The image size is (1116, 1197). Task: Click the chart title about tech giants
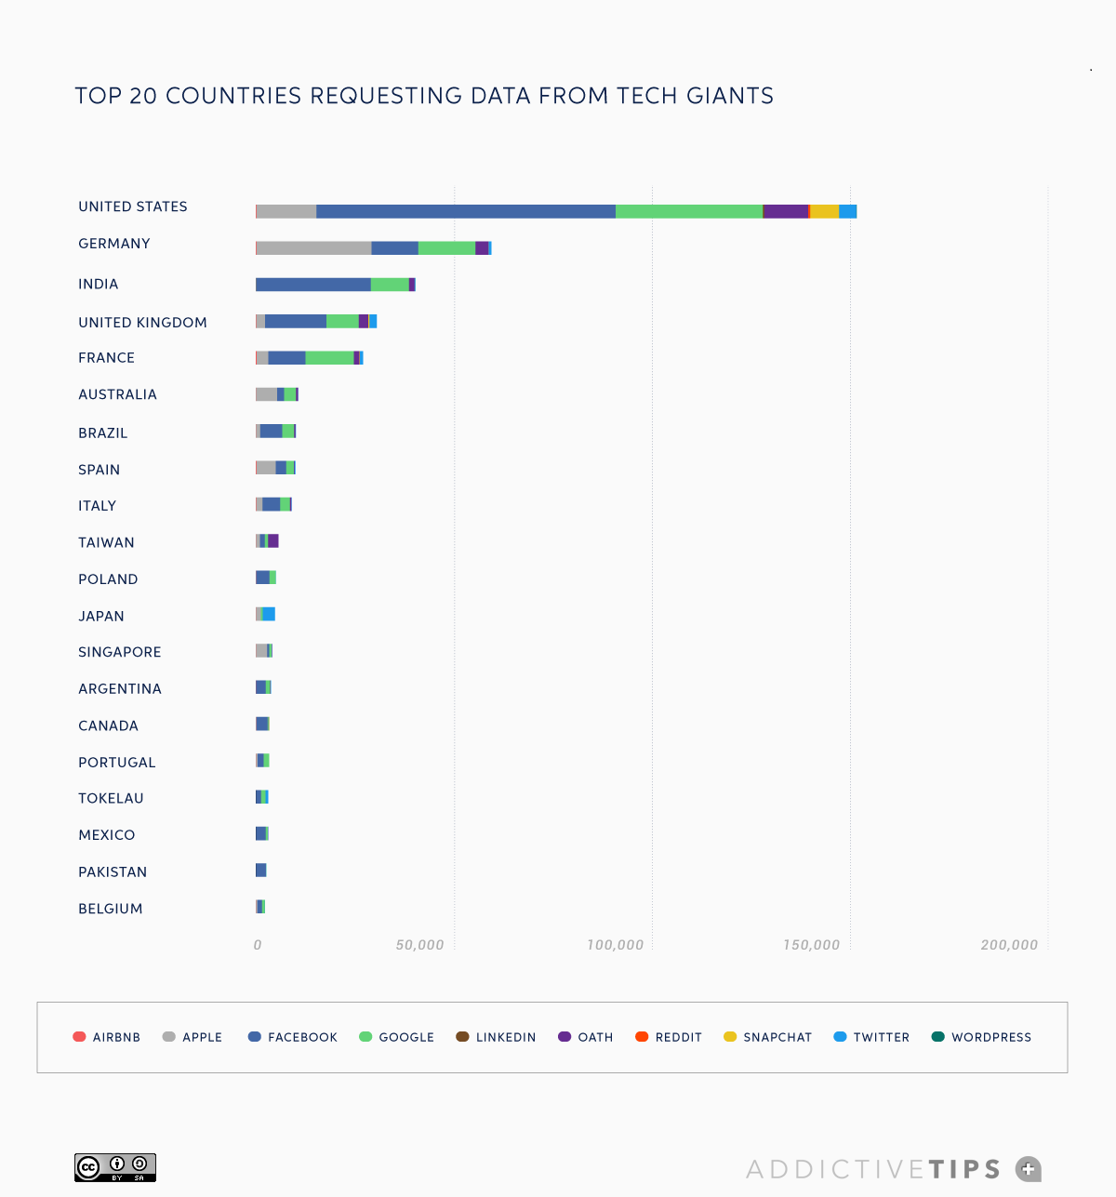(424, 96)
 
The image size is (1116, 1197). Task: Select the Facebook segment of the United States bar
(465, 211)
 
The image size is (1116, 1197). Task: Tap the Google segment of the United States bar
(688, 211)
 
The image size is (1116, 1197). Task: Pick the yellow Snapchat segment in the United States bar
(824, 211)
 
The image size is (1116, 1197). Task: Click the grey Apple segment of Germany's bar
(313, 247)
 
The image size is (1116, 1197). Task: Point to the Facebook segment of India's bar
(313, 285)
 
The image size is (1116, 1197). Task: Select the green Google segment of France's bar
(329, 358)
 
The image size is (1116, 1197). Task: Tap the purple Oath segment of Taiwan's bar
(273, 541)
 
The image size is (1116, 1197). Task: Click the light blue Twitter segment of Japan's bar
(269, 614)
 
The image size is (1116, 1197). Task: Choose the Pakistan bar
(261, 871)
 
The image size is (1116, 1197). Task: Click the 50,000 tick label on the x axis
(419, 945)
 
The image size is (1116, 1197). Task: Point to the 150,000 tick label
(811, 945)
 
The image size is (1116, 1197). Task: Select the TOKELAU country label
(111, 798)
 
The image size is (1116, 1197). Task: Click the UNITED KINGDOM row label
(142, 323)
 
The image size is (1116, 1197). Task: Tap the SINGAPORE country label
(119, 652)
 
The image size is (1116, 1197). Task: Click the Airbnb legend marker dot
(79, 1037)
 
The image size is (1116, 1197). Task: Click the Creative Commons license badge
(115, 1167)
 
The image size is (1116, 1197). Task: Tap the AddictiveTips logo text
(873, 1169)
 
